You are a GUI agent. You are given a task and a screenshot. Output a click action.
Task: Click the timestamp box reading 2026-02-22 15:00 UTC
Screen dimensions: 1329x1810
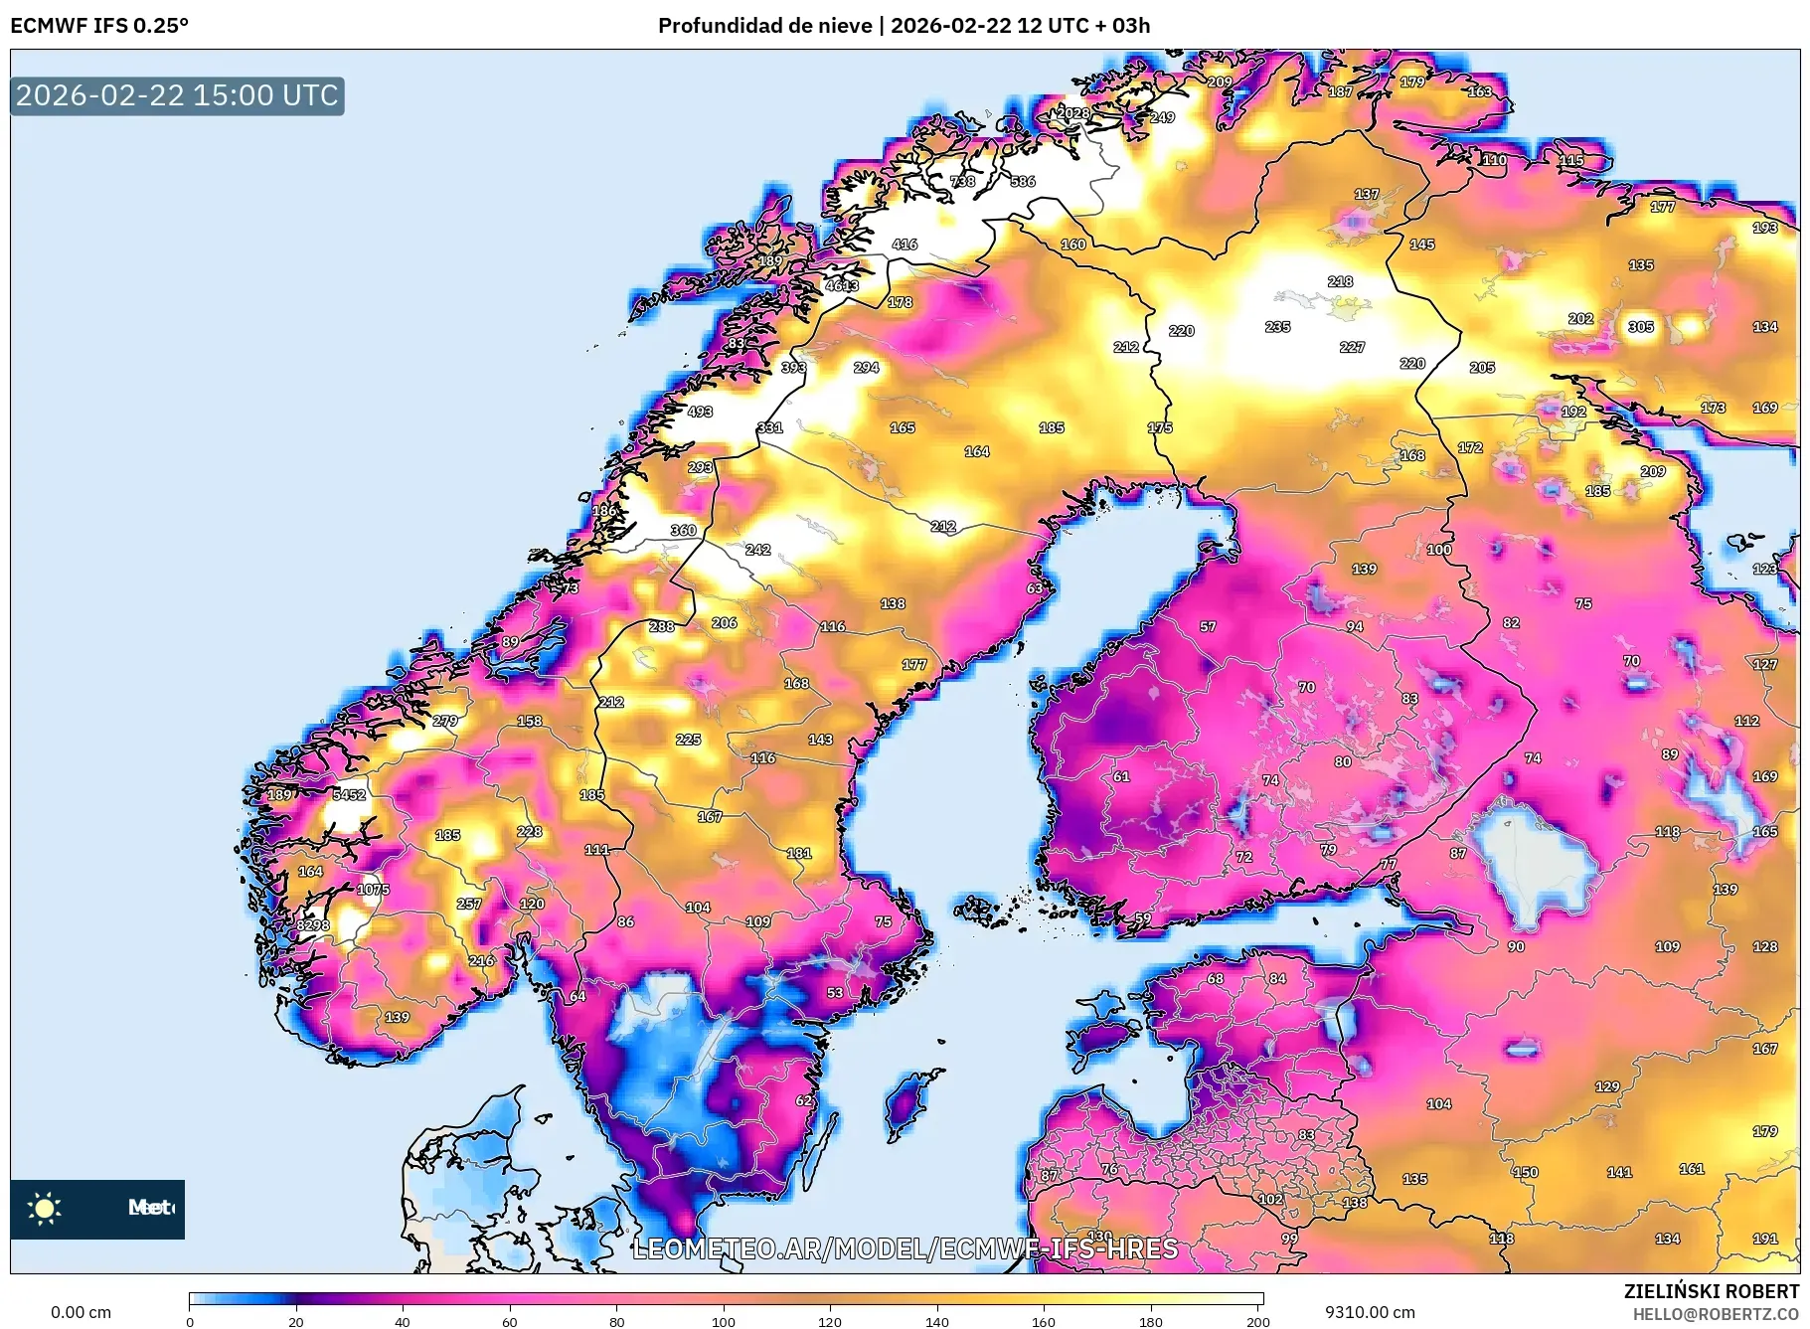point(177,95)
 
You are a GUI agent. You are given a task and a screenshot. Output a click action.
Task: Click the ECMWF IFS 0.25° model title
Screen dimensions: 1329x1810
point(99,25)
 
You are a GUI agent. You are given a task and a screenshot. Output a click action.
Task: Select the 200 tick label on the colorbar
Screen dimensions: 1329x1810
point(1257,1321)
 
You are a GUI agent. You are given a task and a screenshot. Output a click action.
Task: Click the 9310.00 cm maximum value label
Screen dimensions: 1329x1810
point(1369,1312)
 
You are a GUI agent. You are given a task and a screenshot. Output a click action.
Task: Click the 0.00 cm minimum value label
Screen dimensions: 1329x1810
point(81,1312)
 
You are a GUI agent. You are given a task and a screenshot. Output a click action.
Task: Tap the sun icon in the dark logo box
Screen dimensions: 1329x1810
point(45,1208)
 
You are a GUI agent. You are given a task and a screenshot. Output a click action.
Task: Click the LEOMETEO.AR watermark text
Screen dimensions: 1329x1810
point(905,1248)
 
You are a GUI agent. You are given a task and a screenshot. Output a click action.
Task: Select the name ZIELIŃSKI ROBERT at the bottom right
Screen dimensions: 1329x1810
point(1711,1291)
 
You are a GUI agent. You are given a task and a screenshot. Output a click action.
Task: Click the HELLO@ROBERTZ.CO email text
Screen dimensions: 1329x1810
point(1716,1314)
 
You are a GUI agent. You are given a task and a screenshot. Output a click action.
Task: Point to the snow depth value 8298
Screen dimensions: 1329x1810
point(312,925)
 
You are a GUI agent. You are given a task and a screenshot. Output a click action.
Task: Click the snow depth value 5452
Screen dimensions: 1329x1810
point(349,795)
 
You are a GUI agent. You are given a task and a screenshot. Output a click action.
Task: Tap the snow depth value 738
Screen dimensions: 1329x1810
point(962,182)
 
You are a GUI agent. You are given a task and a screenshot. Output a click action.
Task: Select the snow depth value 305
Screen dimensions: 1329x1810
point(1640,327)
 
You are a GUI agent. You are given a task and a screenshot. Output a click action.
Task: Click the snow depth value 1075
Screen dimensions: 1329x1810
point(373,890)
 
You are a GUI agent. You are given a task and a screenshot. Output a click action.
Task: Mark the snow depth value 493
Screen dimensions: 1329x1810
point(700,412)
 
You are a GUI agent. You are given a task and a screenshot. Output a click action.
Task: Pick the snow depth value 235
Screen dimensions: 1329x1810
point(1277,327)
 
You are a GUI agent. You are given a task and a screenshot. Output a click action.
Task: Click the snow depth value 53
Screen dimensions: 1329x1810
point(835,993)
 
